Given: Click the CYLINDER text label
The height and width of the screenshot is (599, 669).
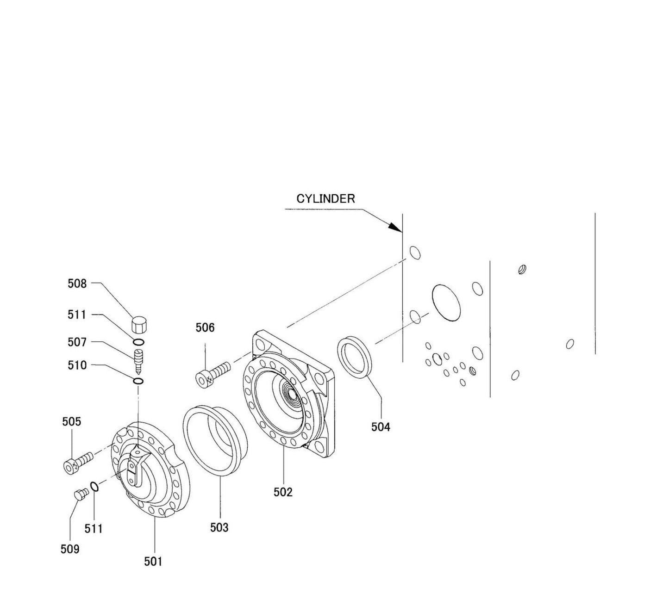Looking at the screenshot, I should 325,199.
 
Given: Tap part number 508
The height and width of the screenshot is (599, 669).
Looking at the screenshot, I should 77,284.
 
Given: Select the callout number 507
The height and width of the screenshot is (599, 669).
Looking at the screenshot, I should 77,342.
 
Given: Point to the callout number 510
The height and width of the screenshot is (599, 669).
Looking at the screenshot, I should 77,365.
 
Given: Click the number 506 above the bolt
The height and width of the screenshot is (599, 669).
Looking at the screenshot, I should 205,327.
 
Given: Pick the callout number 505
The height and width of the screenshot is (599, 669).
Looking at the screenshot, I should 71,421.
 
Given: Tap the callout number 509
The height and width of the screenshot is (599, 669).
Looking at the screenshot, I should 70,549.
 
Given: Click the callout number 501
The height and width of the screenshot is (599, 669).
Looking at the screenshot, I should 153,562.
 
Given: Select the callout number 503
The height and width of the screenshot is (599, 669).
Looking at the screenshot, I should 219,527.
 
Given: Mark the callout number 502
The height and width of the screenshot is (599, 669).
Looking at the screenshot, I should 283,492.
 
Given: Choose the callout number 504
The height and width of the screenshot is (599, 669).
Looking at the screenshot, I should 381,427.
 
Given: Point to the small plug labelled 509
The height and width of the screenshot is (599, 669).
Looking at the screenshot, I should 81,494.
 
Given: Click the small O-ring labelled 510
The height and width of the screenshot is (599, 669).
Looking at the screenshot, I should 138,381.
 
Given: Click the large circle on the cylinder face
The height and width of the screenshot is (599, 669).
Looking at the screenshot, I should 446,302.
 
